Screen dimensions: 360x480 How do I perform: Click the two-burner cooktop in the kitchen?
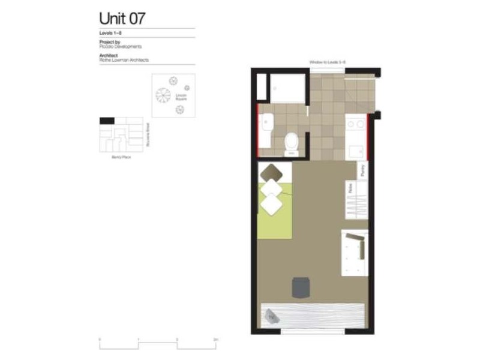356,124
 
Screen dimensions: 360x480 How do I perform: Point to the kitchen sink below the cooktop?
356,147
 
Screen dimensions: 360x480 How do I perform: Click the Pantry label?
363,170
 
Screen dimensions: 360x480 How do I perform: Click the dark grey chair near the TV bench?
300,287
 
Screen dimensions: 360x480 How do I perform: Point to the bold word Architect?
108,55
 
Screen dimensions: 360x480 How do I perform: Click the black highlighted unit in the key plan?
106,121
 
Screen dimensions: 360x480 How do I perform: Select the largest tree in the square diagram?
163,95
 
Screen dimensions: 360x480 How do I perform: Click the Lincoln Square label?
182,97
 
